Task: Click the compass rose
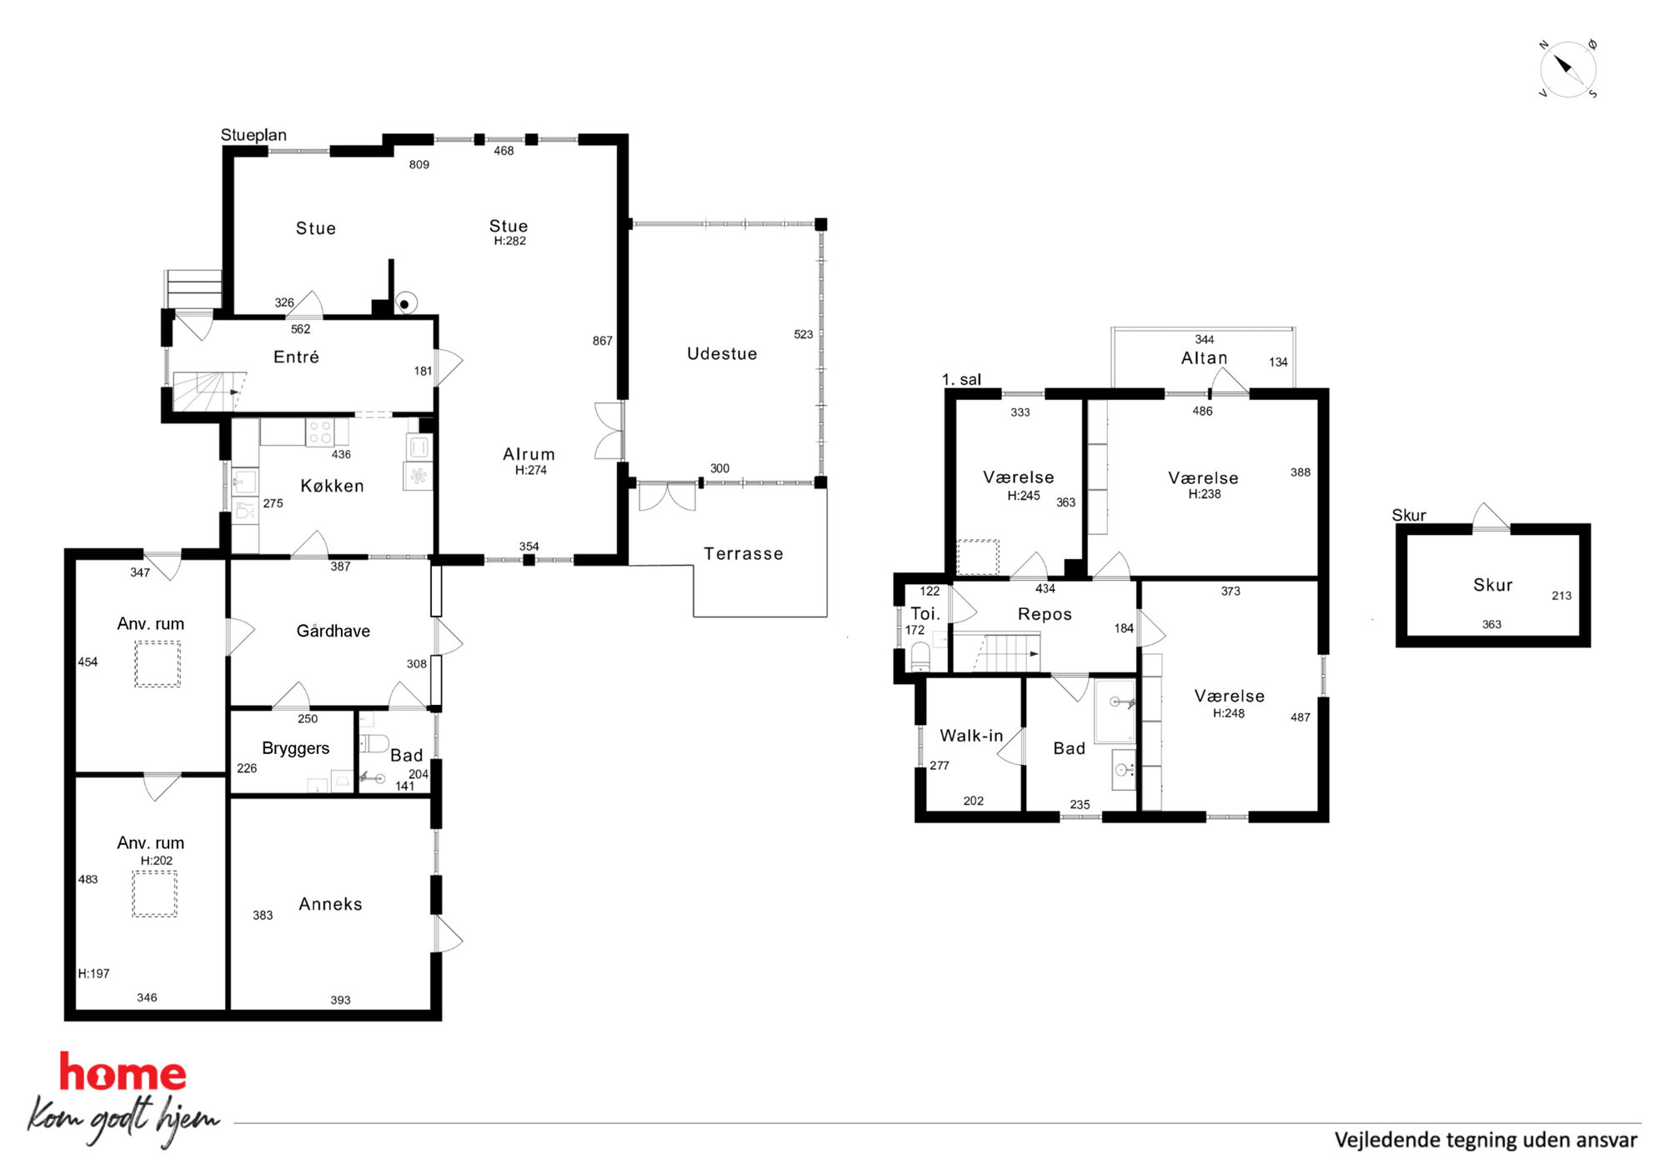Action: (1567, 69)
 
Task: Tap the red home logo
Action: (123, 1072)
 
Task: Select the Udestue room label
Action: (722, 354)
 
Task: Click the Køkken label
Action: (332, 486)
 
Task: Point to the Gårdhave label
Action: (333, 631)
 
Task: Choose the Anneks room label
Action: (330, 904)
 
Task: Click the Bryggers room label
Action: (295, 748)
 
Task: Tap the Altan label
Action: (1204, 358)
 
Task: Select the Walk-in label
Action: (971, 736)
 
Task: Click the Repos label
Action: (1045, 614)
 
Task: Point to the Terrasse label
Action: (743, 554)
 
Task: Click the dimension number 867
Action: (602, 341)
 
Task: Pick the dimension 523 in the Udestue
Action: (803, 334)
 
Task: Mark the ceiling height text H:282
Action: (509, 241)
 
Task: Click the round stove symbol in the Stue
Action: (405, 304)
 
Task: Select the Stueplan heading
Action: (253, 135)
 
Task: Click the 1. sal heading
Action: (961, 380)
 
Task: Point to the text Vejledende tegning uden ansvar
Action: (1486, 1140)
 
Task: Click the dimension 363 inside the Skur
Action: (1491, 624)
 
